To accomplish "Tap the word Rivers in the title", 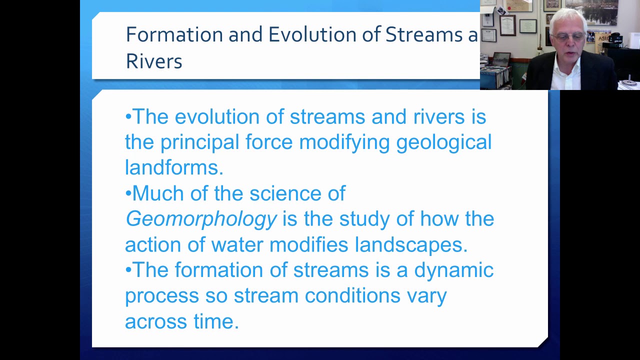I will tap(154, 61).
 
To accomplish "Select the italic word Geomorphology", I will tap(200, 219).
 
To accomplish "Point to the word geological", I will tap(443, 142).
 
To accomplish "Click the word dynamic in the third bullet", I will tap(453, 270).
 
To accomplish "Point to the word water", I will tap(237, 244).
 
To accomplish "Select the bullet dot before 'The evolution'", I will tap(128, 117).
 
